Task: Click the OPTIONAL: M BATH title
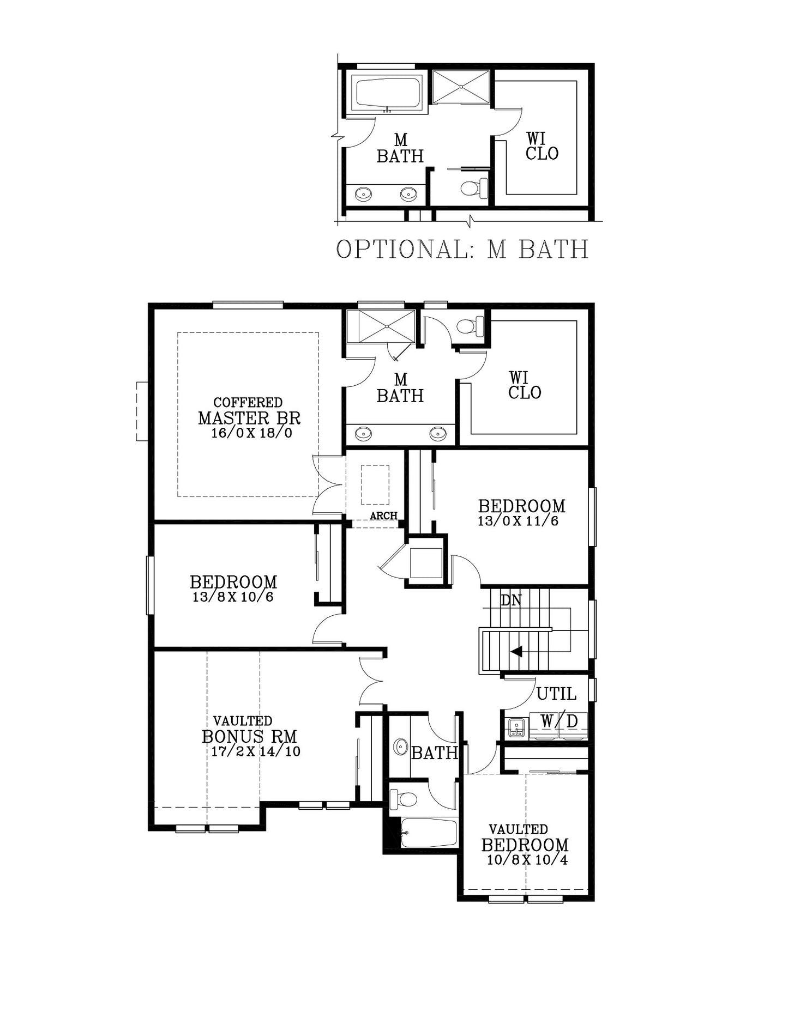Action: pos(462,249)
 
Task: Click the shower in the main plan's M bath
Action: pos(387,326)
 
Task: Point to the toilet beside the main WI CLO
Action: pos(470,326)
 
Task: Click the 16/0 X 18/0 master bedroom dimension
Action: pos(251,433)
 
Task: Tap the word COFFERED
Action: pos(248,403)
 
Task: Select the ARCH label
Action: pos(383,515)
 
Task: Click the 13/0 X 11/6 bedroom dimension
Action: pos(518,521)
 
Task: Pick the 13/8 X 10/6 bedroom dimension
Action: pos(233,597)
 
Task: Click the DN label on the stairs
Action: pos(511,601)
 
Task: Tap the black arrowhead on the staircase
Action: pos(516,651)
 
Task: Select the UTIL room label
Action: pos(556,694)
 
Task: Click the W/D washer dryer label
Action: pos(559,721)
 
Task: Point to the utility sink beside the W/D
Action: pos(517,727)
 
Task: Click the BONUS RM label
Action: pos(249,736)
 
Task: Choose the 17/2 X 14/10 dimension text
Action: pos(256,751)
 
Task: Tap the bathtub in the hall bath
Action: pos(428,833)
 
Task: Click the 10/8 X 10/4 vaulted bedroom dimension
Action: pos(527,860)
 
